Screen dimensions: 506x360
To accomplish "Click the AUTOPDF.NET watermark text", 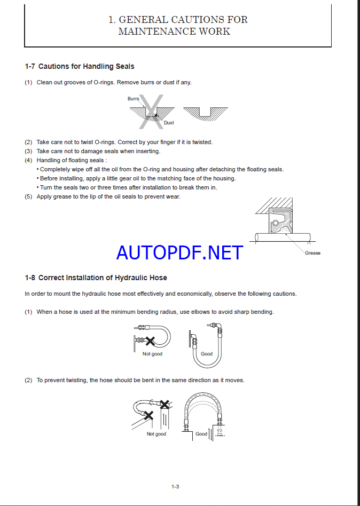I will pyautogui.click(x=179, y=252).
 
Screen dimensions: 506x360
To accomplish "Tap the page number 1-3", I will pyautogui.click(x=175, y=486).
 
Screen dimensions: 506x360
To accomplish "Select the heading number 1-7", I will pyautogui.click(x=30, y=67).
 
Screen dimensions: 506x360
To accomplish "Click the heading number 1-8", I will pyautogui.click(x=30, y=278).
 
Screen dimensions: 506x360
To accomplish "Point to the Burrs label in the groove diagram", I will pyautogui.click(x=133, y=99).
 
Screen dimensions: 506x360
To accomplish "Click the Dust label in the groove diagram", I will pyautogui.click(x=169, y=123).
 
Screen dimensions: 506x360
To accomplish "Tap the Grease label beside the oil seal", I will pyautogui.click(x=312, y=253).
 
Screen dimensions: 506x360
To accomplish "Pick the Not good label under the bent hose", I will pyautogui.click(x=152, y=354).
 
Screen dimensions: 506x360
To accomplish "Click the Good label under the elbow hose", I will pyautogui.click(x=207, y=354).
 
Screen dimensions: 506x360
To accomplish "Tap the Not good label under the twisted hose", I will pyautogui.click(x=156, y=434).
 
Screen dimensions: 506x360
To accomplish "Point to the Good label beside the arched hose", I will pyautogui.click(x=201, y=434).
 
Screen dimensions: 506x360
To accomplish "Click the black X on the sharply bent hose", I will pyautogui.click(x=151, y=340).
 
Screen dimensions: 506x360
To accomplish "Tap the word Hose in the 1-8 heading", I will pyautogui.click(x=158, y=278).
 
